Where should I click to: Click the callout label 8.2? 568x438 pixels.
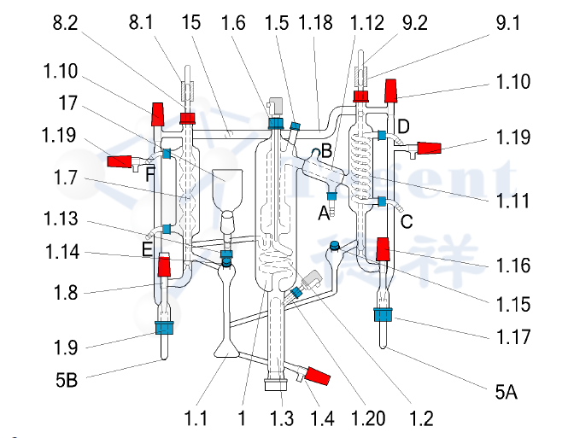tap(66, 24)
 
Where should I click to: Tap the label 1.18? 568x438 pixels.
tap(311, 24)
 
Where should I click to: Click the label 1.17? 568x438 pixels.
tap(512, 339)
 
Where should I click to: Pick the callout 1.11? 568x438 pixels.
tap(512, 202)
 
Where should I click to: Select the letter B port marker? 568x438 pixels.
tap(325, 152)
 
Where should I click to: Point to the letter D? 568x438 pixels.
tap(403, 127)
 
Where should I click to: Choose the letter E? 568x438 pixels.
tap(148, 250)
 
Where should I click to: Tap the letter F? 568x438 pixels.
tap(149, 175)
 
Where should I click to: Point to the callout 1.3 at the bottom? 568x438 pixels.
tap(283, 419)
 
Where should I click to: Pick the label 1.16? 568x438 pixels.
tap(512, 267)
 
